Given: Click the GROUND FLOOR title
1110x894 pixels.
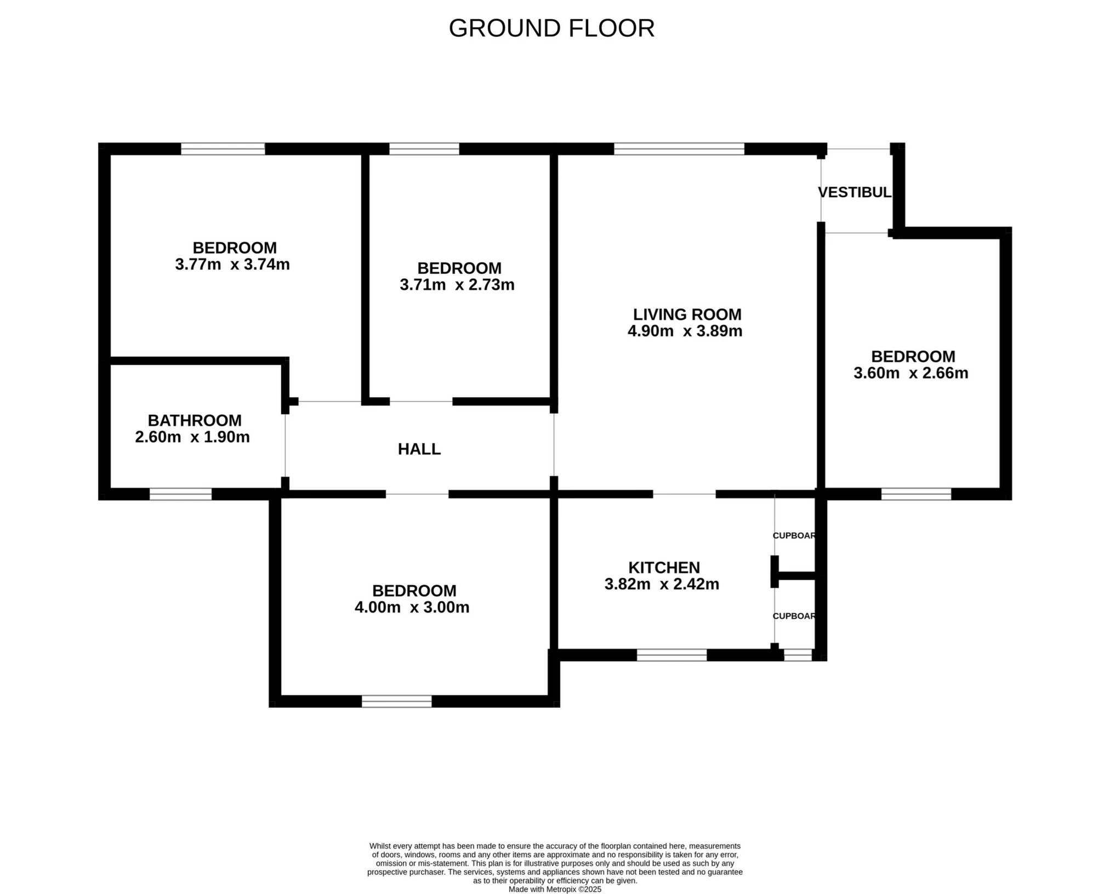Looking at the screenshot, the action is click(x=551, y=28).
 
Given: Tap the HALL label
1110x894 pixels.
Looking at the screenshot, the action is click(x=419, y=449).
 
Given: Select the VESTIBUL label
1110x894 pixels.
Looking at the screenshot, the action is click(x=855, y=192).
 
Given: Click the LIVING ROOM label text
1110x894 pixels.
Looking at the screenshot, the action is click(x=687, y=314).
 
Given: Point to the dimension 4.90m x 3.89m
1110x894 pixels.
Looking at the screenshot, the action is click(x=685, y=331).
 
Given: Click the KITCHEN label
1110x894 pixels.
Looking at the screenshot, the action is click(x=664, y=568).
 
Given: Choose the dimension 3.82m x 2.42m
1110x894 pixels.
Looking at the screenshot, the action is click(x=662, y=584).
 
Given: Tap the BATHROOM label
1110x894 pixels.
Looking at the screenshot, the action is click(x=195, y=421).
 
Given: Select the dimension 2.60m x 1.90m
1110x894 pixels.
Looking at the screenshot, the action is click(x=192, y=437).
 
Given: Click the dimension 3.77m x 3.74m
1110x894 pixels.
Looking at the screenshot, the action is click(x=232, y=265).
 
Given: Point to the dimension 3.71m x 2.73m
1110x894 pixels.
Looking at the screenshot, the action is click(x=457, y=285).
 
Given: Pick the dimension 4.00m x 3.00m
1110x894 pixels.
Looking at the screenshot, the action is click(x=412, y=608).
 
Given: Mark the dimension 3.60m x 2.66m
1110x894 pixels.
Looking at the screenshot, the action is click(x=911, y=373).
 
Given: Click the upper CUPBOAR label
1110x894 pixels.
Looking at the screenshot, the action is click(x=794, y=536).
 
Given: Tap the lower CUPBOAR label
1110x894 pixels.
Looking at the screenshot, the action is click(x=794, y=616).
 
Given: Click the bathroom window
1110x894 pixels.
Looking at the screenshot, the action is click(x=181, y=494).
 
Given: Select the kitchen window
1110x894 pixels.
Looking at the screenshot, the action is click(x=672, y=655).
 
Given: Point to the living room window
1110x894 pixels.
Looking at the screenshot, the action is click(x=679, y=149).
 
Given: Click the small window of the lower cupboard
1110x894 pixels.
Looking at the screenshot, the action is click(x=798, y=655).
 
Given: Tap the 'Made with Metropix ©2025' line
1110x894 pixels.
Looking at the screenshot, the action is click(x=555, y=890).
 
